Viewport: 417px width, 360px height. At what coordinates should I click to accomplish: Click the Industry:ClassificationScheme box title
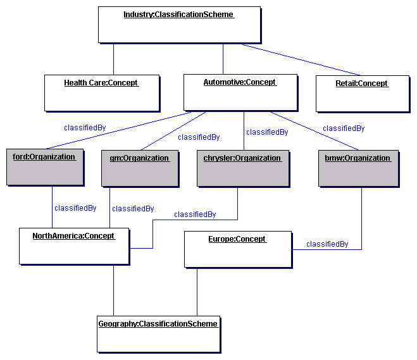click(x=178, y=15)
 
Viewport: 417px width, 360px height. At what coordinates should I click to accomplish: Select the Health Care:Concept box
click(x=101, y=92)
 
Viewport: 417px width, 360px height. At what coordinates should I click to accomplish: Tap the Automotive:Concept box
click(x=240, y=91)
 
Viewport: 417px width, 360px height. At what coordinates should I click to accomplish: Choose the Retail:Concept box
click(x=362, y=92)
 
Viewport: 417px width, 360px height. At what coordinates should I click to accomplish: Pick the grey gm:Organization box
click(x=139, y=168)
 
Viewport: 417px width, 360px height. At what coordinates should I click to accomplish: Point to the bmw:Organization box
click(x=358, y=168)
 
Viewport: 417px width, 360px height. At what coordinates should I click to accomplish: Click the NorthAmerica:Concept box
click(x=74, y=245)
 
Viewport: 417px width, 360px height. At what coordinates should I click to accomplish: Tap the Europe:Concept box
click(x=238, y=249)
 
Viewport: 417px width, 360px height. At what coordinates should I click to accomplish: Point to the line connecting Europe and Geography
click(x=196, y=291)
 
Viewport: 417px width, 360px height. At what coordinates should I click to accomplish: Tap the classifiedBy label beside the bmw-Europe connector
click(x=327, y=244)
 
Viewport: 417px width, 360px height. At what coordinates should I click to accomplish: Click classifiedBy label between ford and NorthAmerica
click(x=75, y=208)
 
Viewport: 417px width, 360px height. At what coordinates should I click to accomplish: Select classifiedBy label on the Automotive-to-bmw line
click(x=344, y=128)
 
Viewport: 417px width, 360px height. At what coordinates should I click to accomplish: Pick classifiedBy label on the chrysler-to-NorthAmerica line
click(x=195, y=214)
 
